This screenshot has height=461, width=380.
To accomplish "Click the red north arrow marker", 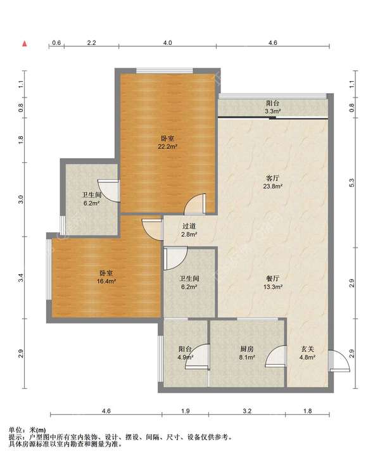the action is point(25,44).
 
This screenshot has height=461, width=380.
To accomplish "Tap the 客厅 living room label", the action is point(272,178).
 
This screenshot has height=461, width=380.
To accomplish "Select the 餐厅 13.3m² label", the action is point(272,282).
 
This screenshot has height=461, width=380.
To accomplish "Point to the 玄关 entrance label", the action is point(307,349).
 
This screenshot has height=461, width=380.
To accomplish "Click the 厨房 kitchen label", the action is point(247,349).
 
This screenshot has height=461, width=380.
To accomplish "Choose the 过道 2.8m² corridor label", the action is point(189,230).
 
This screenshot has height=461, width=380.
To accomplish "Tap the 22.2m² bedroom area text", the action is point(167,146).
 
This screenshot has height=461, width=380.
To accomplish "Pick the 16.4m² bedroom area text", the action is point(106,281).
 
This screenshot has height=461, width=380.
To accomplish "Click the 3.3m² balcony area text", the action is point(272,111).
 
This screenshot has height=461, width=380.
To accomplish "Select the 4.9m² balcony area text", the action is point(186,358).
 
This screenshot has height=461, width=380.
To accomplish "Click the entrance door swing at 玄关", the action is point(339,361).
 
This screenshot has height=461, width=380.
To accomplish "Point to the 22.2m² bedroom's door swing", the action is point(194,203).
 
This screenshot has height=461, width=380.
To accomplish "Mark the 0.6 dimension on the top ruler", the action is point(56,42).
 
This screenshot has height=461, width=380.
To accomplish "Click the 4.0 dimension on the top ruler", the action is point(167,42).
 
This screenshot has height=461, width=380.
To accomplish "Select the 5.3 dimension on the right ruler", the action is point(351,182).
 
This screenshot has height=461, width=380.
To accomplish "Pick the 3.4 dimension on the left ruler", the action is point(21,277).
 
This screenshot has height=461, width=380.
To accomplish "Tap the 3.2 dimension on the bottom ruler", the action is point(247,411).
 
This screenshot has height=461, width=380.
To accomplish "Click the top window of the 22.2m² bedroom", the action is point(165,70).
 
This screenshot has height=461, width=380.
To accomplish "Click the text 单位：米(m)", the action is point(27,431).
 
